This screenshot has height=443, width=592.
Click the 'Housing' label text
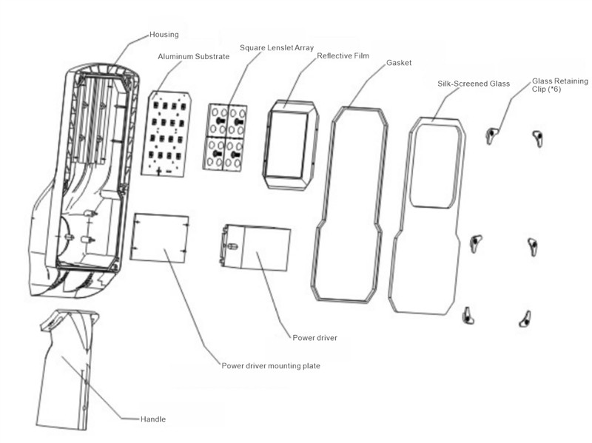click(164, 34)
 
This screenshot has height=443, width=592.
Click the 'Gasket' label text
click(399, 63)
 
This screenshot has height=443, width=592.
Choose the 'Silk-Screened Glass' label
click(474, 84)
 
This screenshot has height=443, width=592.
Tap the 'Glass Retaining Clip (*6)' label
click(556, 86)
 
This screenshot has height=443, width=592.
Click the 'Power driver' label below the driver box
click(315, 338)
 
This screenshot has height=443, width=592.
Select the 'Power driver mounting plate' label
click(271, 365)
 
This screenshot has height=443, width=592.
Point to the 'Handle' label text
click(153, 419)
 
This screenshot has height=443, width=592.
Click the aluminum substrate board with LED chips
click(166, 133)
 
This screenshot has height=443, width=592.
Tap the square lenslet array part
click(226, 137)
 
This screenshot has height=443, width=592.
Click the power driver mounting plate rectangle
click(158, 237)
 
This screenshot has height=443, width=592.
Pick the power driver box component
click(257, 248)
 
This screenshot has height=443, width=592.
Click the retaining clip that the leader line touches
click(491, 134)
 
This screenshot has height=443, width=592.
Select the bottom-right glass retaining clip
click(525, 318)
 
